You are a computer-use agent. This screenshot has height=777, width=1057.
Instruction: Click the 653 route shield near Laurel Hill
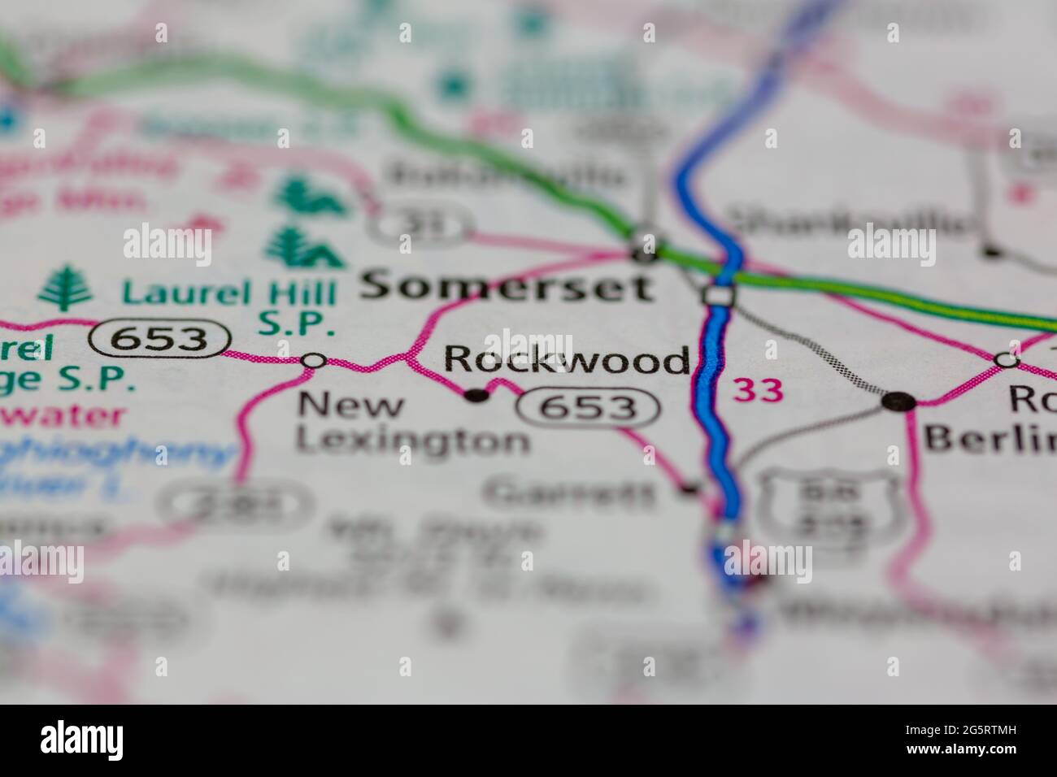[159, 338]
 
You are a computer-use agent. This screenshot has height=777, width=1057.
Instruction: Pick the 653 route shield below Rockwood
[588, 406]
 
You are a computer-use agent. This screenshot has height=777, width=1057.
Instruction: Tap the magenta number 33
[759, 391]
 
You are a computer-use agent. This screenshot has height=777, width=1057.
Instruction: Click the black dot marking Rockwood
[476, 396]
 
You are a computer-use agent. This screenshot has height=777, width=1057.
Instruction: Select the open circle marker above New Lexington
[314, 360]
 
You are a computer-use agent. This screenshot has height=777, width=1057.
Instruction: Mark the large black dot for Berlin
[899, 400]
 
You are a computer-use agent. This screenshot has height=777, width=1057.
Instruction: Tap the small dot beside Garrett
[690, 488]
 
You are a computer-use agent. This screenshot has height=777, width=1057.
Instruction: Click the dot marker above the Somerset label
[646, 253]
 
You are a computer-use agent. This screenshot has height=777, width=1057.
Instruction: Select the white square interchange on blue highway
[718, 296]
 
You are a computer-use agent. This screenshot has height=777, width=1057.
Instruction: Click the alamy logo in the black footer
[82, 740]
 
